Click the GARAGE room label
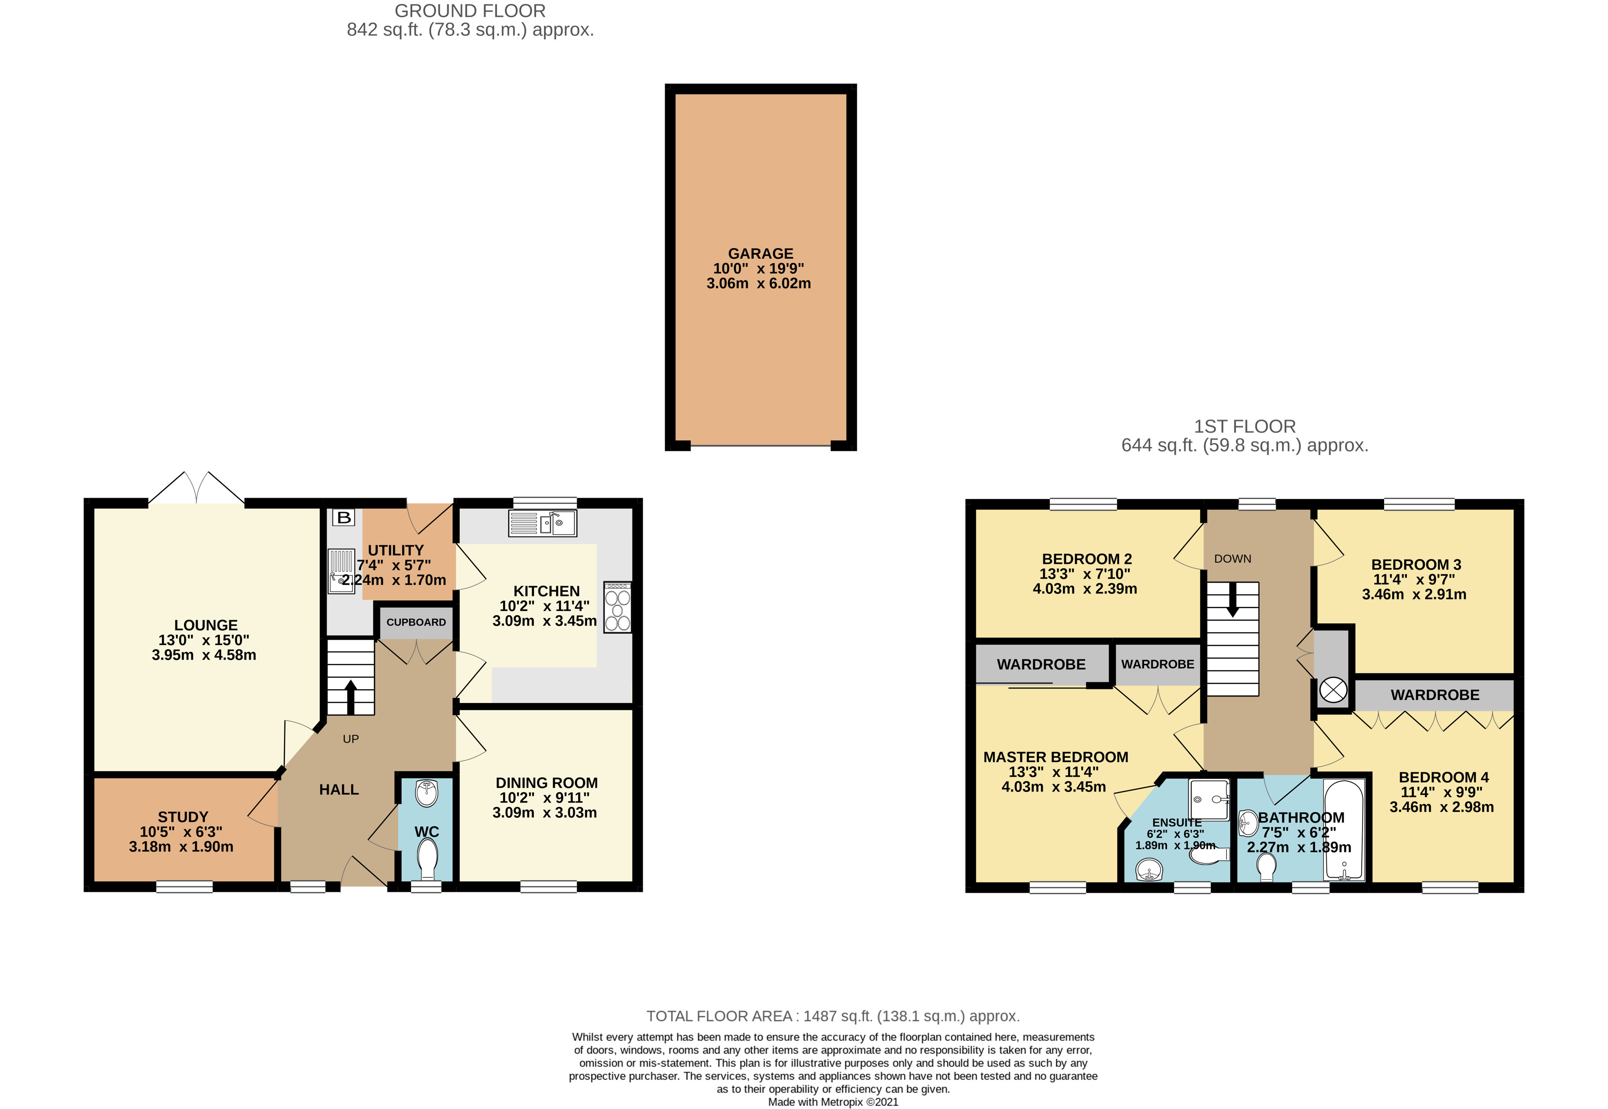[x=760, y=253]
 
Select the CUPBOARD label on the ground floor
[x=416, y=622]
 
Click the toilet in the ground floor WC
[x=427, y=859]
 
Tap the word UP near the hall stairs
[x=351, y=739]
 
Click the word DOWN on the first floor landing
[x=1233, y=559]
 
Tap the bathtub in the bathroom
[x=1344, y=830]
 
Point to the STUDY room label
[x=183, y=817]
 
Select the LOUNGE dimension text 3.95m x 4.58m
[x=204, y=655]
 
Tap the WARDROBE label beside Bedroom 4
[x=1435, y=695]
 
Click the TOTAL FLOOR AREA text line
[x=833, y=1016]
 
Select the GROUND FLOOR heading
[x=470, y=11]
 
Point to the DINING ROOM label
[x=546, y=783]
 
